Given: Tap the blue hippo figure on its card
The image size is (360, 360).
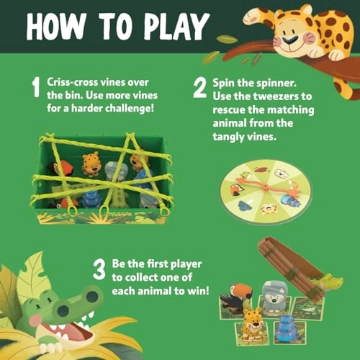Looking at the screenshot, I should [286, 325].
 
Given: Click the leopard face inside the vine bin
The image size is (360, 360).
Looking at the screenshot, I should [91, 165].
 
